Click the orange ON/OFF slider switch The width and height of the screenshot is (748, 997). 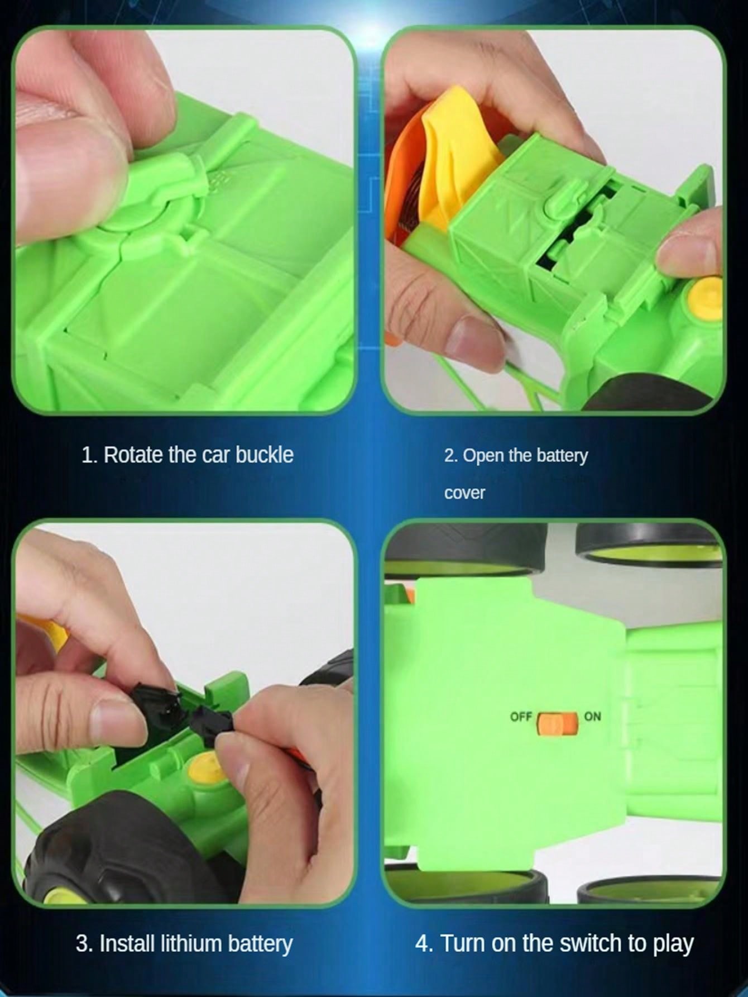(557, 723)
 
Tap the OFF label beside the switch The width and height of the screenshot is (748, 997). (521, 716)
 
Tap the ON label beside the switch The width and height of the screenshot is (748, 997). (592, 715)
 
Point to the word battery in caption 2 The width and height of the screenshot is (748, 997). (562, 456)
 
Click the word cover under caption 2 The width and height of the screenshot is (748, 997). (464, 493)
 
